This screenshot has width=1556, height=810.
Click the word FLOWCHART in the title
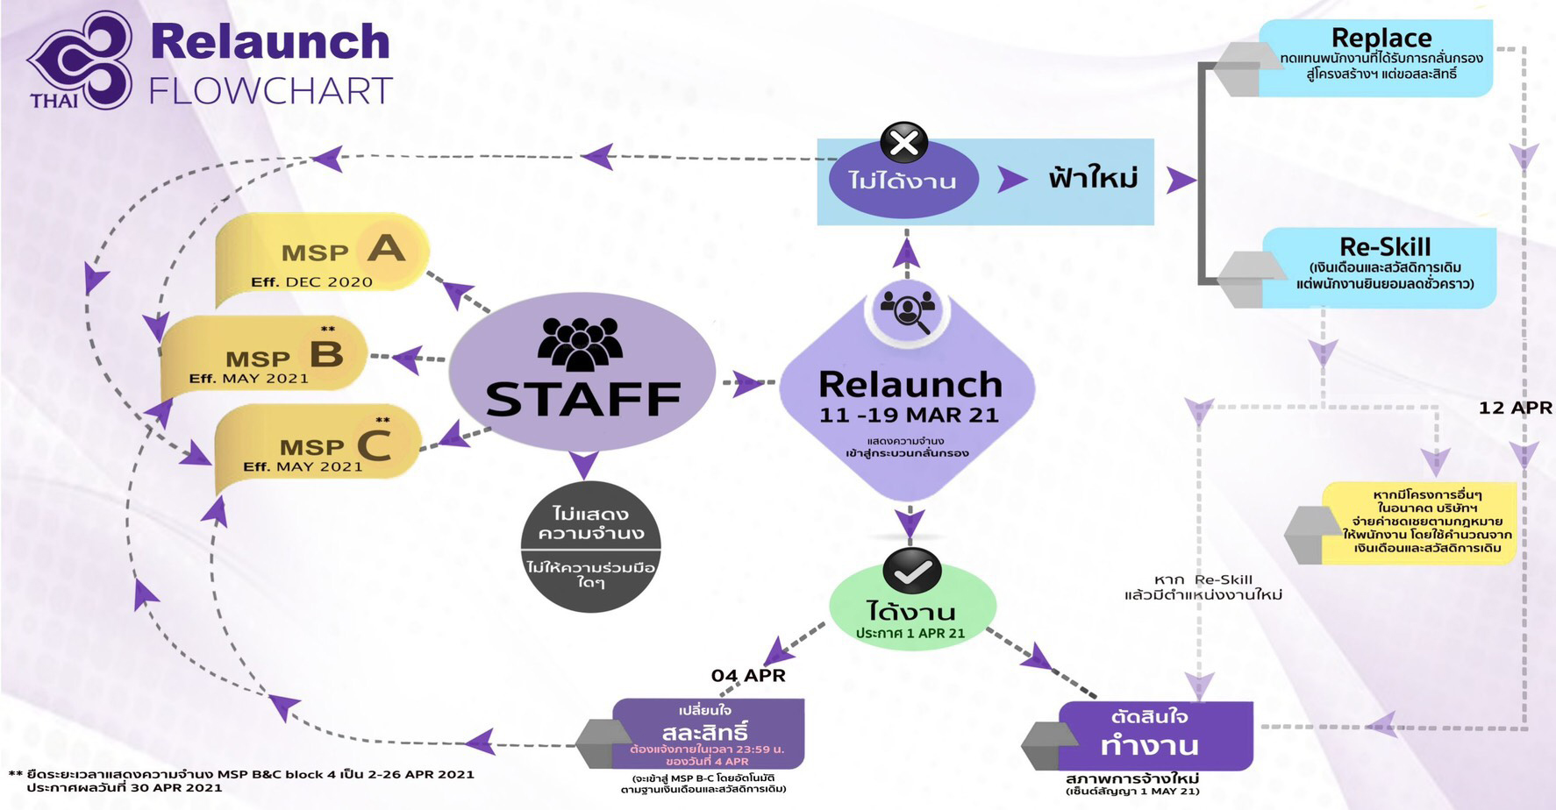coord(270,91)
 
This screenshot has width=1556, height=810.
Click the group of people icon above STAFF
coord(580,344)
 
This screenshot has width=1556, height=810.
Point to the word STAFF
coord(583,400)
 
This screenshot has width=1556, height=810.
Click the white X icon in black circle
coord(903,143)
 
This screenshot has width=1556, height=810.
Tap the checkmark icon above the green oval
coord(912,572)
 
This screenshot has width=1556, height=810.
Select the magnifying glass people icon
coord(907,310)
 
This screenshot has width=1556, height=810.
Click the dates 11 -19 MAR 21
coord(909,416)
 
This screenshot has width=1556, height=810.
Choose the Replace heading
coord(1381,38)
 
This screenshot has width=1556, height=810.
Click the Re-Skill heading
coord(1385,246)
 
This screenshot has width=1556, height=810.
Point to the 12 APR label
coord(1515,408)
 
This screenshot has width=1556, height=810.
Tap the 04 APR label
coord(748,675)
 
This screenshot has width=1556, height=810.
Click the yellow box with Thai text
coord(1421,522)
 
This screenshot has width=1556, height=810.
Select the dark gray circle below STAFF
coord(590,545)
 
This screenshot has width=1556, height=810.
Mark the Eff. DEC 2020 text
coord(311,282)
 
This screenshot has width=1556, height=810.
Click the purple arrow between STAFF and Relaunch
coord(746,383)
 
